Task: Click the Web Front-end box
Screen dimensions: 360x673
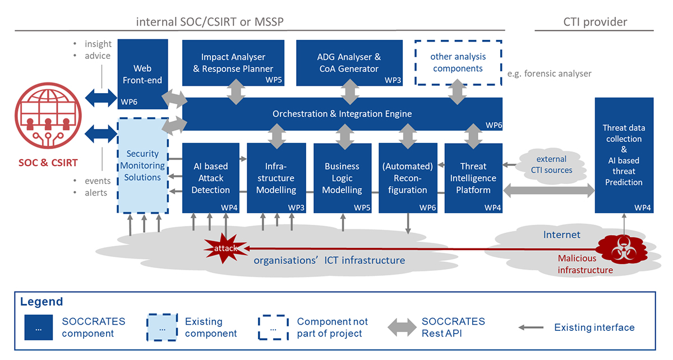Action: pos(143,73)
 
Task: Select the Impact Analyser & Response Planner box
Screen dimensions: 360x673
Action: pos(233,63)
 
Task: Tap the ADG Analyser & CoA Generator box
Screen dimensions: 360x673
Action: pos(349,63)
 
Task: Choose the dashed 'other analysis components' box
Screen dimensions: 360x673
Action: pos(458,62)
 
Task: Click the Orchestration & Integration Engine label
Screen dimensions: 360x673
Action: pos(342,114)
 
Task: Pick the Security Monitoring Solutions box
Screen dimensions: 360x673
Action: pos(142,165)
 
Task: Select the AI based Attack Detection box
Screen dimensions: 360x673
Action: pos(211,178)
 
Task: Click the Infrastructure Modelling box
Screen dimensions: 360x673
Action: pos(276,178)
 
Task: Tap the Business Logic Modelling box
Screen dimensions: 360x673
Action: pos(342,178)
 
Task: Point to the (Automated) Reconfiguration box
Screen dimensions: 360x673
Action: pos(407,178)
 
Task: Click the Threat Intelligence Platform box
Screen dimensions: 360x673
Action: pos(473,178)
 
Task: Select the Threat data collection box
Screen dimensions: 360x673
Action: pos(624,155)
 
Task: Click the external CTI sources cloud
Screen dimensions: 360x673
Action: pos(551,164)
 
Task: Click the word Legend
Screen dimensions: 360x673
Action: pos(42,302)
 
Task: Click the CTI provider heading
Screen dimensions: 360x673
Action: pos(595,22)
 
